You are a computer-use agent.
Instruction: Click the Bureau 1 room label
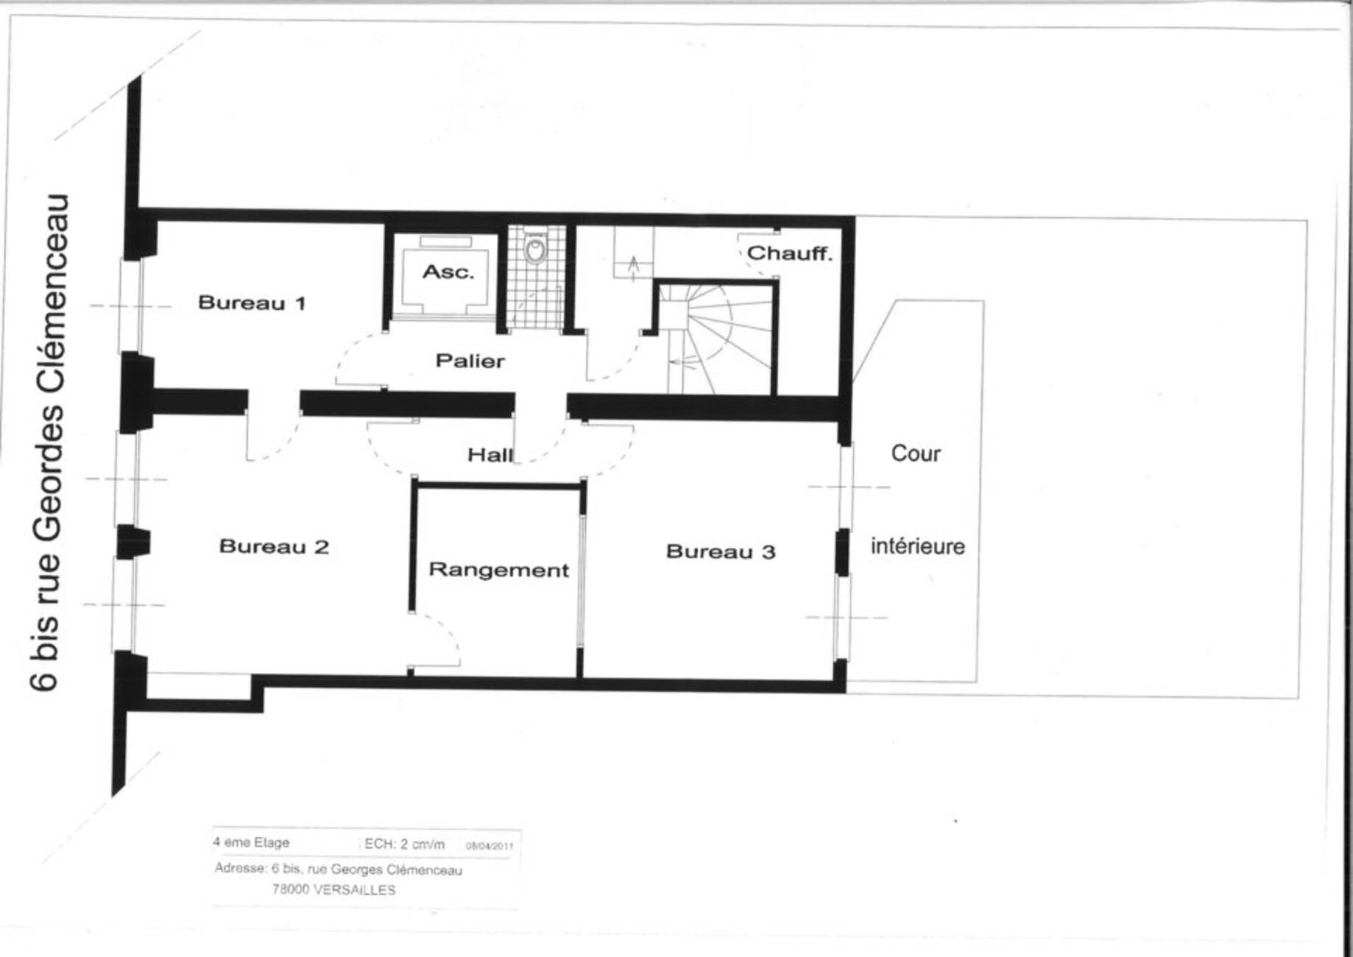pyautogui.click(x=252, y=303)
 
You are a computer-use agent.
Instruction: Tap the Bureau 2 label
pyautogui.click(x=274, y=546)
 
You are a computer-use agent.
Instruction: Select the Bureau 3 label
pyautogui.click(x=721, y=551)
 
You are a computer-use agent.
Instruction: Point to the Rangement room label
pyautogui.click(x=499, y=571)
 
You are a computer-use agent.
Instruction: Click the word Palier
pyautogui.click(x=470, y=361)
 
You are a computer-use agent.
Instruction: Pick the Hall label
pyautogui.click(x=490, y=455)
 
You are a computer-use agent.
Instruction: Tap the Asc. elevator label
pyautogui.click(x=448, y=272)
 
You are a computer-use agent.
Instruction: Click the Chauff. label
pyautogui.click(x=790, y=253)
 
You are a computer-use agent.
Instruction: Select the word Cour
pyautogui.click(x=916, y=453)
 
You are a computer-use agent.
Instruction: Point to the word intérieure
pyautogui.click(x=918, y=546)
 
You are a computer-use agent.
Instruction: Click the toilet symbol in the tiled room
pyautogui.click(x=535, y=248)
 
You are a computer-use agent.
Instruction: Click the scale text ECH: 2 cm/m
pyautogui.click(x=404, y=844)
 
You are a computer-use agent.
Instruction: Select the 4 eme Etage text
pyautogui.click(x=251, y=842)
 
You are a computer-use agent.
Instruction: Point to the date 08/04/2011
pyautogui.click(x=489, y=846)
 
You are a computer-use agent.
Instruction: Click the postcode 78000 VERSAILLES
pyautogui.click(x=333, y=889)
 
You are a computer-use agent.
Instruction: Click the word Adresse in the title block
pyautogui.click(x=240, y=869)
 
